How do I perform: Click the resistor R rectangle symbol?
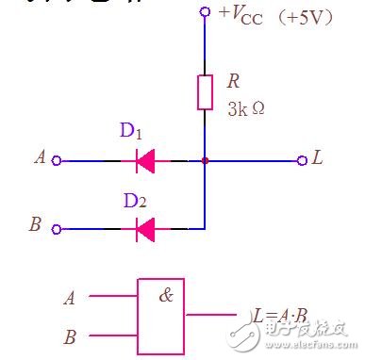[x=204, y=92]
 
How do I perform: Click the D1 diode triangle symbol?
[x=145, y=160]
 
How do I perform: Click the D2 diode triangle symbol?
[x=145, y=227]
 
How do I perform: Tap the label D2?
[x=135, y=200]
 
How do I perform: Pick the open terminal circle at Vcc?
[x=204, y=12]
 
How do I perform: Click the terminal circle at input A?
[x=57, y=160]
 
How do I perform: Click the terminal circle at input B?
[x=57, y=228]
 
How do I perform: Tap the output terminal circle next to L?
[x=302, y=160]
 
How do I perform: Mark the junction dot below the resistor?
[x=204, y=160]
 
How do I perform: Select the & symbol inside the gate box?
[x=166, y=295]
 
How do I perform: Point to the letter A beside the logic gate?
[x=69, y=299]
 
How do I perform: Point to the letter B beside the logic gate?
[x=69, y=335]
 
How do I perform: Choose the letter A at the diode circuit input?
[x=40, y=158]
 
